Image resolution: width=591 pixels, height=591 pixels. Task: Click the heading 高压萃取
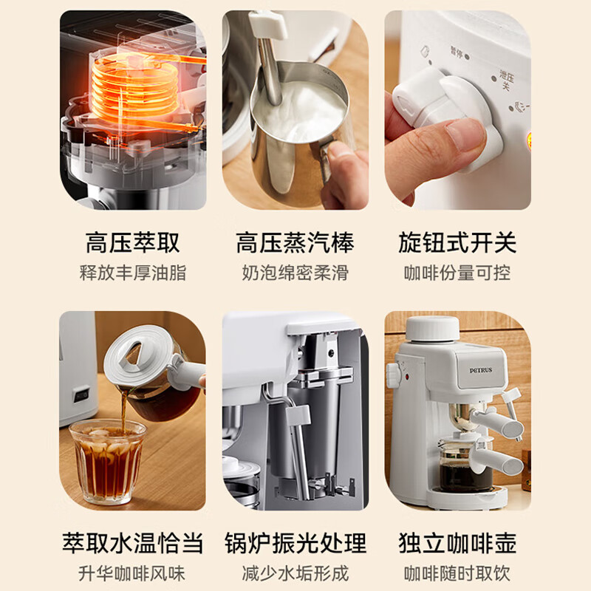point(133,243)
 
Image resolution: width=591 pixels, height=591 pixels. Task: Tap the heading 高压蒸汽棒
point(295,243)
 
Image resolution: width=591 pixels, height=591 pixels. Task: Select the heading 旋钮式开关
point(457,243)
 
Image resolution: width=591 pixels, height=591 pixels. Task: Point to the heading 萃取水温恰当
point(133,543)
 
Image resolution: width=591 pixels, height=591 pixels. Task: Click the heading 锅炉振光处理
point(295,543)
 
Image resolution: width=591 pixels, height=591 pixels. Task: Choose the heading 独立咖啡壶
point(457,543)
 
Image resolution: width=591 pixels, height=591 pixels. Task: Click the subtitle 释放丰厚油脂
point(133,273)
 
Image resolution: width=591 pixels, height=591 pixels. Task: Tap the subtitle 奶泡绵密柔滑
point(295,273)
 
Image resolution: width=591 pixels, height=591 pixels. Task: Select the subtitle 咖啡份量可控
point(457,273)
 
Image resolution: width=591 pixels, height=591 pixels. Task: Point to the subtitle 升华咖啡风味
point(132,574)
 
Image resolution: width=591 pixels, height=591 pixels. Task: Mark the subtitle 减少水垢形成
point(295,574)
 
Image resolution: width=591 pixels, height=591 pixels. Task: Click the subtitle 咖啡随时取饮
point(457,574)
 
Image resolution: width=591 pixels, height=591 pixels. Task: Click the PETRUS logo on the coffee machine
point(481,370)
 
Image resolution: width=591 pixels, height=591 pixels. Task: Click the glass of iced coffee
point(107,461)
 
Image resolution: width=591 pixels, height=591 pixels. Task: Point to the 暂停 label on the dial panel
point(457,52)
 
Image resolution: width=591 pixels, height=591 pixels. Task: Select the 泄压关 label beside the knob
point(506,80)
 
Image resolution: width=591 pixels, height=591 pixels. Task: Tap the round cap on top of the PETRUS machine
point(433,329)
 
